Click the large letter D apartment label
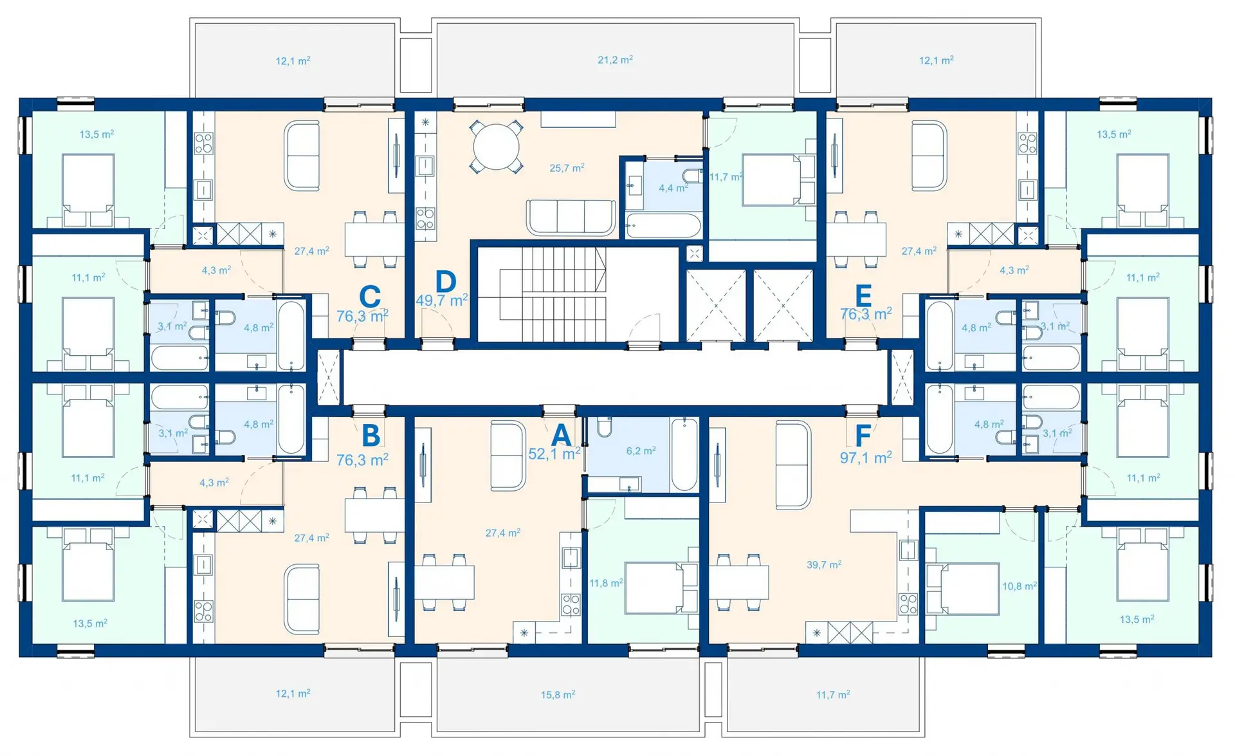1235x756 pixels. click(x=445, y=281)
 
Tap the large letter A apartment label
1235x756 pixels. click(x=561, y=435)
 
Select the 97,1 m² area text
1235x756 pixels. click(x=866, y=457)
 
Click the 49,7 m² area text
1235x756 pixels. click(x=442, y=300)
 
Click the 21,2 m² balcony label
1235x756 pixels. click(x=615, y=60)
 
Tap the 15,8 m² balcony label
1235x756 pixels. click(x=558, y=695)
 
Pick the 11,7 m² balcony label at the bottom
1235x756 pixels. click(x=833, y=695)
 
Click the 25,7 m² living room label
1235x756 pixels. click(x=567, y=168)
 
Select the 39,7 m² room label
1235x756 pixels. click(x=824, y=565)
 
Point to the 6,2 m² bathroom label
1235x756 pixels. click(x=641, y=451)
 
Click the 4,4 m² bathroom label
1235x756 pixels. click(x=673, y=189)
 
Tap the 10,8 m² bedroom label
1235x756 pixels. click(x=1020, y=586)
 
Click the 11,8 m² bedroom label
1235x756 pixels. click(x=606, y=583)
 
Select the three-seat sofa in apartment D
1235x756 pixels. click(x=570, y=217)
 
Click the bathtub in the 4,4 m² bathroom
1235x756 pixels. click(x=663, y=226)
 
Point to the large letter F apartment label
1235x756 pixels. click(x=863, y=435)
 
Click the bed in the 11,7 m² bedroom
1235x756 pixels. click(x=778, y=180)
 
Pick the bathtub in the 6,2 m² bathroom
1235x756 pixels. click(x=684, y=454)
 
